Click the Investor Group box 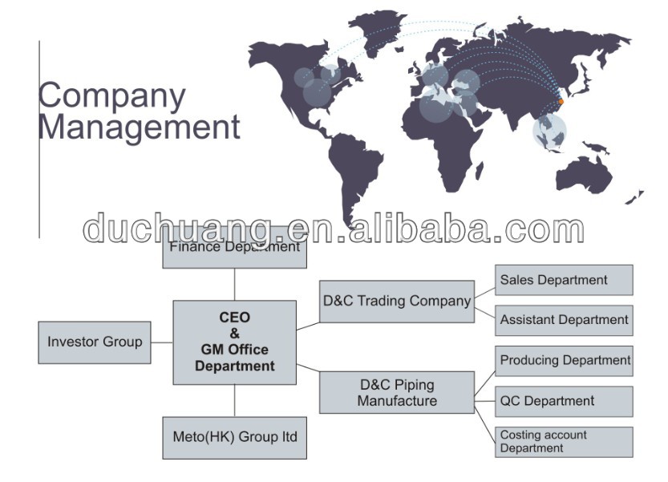(x=95, y=342)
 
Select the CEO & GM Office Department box (x=234, y=342)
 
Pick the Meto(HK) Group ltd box (x=234, y=437)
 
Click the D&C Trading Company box (x=396, y=302)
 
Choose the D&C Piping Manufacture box (x=396, y=393)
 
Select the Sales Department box (x=564, y=280)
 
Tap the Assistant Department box (x=564, y=320)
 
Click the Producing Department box (x=564, y=361)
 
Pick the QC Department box (x=564, y=401)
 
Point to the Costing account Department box (x=564, y=442)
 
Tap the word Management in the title (x=140, y=127)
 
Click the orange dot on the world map (x=561, y=101)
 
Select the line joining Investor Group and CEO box (x=162, y=342)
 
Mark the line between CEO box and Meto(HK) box (x=234, y=400)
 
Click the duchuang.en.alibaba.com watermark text (x=334, y=229)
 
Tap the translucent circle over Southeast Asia (x=549, y=131)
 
